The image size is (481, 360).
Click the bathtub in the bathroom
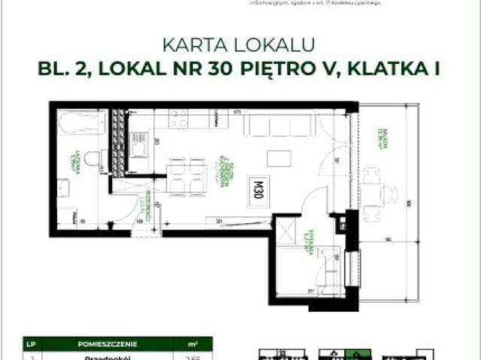pos(80,124)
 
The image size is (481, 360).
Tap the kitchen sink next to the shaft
pos(140,144)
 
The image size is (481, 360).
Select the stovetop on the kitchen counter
pos(178,119)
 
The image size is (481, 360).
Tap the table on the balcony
pos(373,196)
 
